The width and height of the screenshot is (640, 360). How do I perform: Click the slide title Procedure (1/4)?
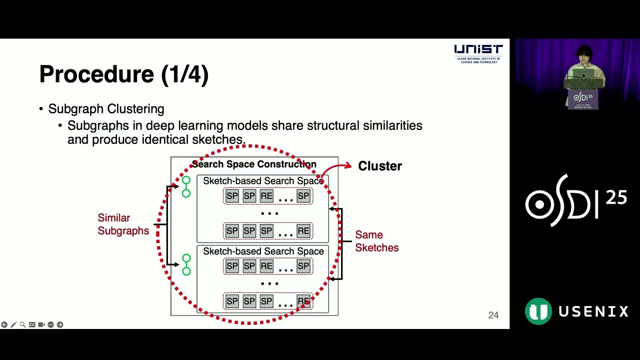click(x=123, y=74)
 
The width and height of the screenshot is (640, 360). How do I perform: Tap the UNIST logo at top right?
click(x=478, y=53)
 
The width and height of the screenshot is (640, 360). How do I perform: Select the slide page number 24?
click(x=493, y=315)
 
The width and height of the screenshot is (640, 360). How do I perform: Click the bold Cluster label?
click(x=379, y=166)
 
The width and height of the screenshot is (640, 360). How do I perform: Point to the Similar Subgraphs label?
click(x=123, y=224)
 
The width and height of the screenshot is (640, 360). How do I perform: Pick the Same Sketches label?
click(x=376, y=241)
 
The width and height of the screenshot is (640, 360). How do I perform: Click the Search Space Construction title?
click(x=254, y=164)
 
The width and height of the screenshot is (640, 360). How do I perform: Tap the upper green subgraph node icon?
click(x=186, y=186)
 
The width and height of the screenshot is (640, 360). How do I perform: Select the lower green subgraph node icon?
click(x=186, y=265)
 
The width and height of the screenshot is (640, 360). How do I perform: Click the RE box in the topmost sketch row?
click(x=266, y=196)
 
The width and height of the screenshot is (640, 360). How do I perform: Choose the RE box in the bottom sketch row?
click(x=303, y=301)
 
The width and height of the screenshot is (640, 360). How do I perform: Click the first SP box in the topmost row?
click(x=232, y=196)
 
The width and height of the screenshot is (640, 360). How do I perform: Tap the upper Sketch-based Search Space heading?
click(x=263, y=180)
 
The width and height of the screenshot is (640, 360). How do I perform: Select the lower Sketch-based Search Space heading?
click(x=263, y=251)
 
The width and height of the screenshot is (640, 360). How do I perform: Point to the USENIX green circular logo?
click(x=538, y=311)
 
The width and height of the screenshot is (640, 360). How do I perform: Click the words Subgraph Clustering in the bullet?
click(x=106, y=109)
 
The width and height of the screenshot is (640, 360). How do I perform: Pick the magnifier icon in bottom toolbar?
click(x=22, y=324)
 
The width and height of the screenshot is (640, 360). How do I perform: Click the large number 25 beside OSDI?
click(x=616, y=198)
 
